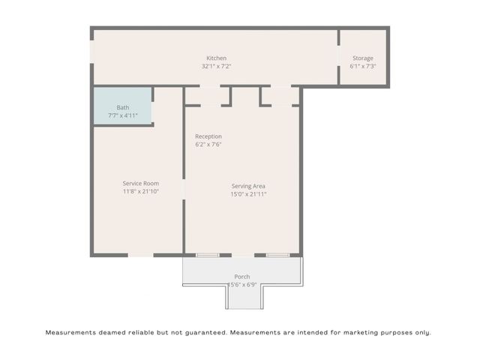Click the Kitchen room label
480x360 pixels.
pos(216,58)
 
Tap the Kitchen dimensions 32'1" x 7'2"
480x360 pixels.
pos(216,66)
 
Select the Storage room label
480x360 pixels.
pos(363,58)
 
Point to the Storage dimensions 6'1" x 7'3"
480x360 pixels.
pos(363,66)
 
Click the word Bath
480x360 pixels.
pos(122,107)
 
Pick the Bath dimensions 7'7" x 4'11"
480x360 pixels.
pos(122,115)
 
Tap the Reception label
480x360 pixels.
pos(208,136)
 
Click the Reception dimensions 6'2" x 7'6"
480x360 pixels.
pos(208,144)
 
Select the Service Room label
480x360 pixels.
pos(141,183)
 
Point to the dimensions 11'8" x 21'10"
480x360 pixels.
pos(141,191)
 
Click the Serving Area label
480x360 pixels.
pos(248,186)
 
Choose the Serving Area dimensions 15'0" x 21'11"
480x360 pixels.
pos(248,194)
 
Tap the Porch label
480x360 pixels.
pos(242,276)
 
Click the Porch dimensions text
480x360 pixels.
pos(242,284)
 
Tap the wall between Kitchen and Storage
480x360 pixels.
pos(339,58)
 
